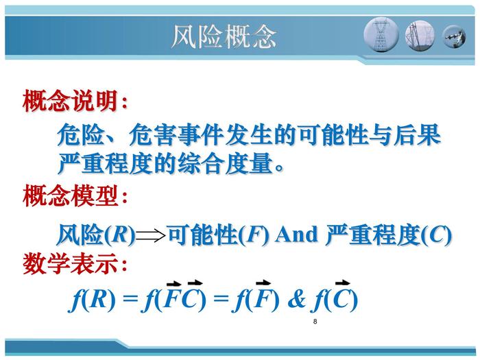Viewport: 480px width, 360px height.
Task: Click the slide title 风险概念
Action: coord(224,36)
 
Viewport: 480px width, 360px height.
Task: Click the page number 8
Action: coord(315,322)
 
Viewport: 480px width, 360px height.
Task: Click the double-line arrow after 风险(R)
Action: coord(150,235)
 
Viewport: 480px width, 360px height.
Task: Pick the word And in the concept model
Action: coord(296,235)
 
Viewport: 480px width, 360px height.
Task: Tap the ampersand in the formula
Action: coord(297,299)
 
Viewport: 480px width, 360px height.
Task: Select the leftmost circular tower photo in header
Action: coord(381,34)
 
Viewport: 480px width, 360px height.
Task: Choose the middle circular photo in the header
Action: coord(420,36)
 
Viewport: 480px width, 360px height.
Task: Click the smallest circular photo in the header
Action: coord(454,37)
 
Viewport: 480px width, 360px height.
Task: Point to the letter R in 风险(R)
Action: coord(120,235)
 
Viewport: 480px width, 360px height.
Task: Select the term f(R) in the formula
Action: coord(92,300)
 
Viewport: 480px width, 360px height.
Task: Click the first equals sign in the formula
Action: coord(130,298)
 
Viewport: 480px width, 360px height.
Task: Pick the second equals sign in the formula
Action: coord(221,298)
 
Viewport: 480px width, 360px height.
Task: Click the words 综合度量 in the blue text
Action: coord(226,163)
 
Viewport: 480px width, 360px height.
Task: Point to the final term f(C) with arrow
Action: coord(335,296)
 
